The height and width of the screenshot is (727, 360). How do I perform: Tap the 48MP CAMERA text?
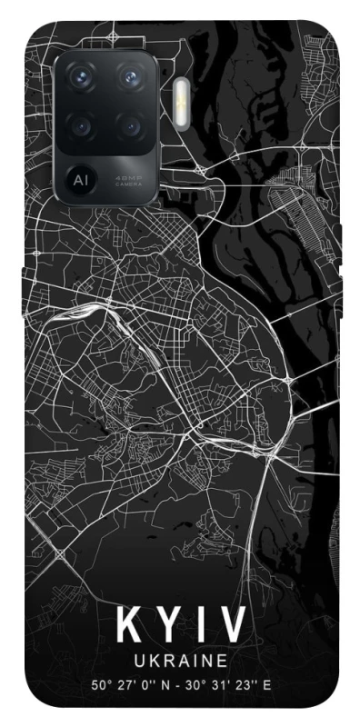(127, 179)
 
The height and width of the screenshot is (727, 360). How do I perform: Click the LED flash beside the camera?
(181, 97)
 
